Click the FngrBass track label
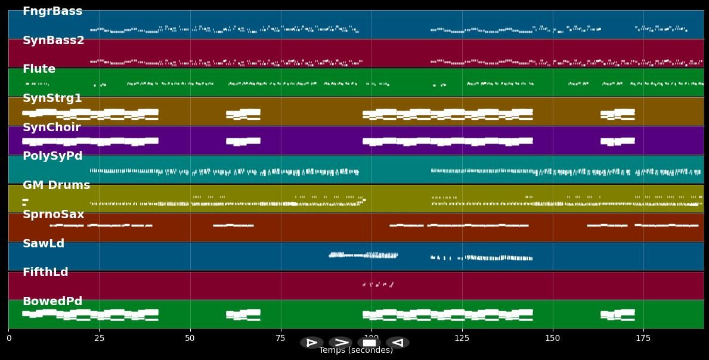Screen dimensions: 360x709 pos(52,11)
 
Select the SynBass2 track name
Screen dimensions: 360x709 pos(54,41)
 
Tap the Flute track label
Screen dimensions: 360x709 pos(39,69)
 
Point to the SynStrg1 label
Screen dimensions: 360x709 pos(52,98)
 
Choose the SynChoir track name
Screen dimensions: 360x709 pos(51,128)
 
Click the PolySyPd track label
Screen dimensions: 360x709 pos(52,156)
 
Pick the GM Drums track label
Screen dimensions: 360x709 pos(56,185)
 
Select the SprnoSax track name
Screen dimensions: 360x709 pos(54,215)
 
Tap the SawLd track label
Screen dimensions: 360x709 pos(44,244)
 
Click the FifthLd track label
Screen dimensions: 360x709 pos(45,272)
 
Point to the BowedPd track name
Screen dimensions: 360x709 pos(52,302)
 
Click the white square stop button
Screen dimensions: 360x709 pos(369,343)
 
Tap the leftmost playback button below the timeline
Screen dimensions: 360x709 pos(312,343)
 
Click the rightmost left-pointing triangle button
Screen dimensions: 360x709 pos(398,343)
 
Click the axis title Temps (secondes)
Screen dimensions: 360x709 pos(356,350)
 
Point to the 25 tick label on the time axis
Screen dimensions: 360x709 pos(99,339)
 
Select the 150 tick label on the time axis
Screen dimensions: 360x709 pos(553,339)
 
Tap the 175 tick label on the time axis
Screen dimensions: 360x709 pos(643,339)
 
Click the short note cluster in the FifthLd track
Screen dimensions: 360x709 pos(378,284)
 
